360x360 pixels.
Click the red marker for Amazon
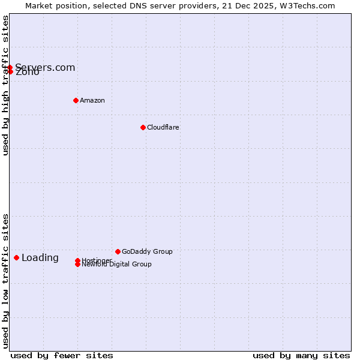[76, 100]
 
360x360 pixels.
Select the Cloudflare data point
[143, 127]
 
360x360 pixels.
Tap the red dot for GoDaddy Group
[118, 251]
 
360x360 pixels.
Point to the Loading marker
[16, 257]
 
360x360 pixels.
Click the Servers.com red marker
[10, 67]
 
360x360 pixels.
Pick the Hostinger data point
[77, 260]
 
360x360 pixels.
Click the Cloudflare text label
[163, 127]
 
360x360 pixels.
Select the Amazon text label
[92, 100]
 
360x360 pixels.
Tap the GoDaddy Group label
[147, 251]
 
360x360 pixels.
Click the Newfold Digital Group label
[116, 265]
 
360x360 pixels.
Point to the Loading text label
[40, 258]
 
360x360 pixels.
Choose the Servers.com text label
[45, 67]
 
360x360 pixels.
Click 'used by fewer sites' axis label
[62, 355]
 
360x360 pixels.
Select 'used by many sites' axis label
[301, 355]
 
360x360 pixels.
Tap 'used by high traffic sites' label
[5, 86]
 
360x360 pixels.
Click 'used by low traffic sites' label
[5, 281]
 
